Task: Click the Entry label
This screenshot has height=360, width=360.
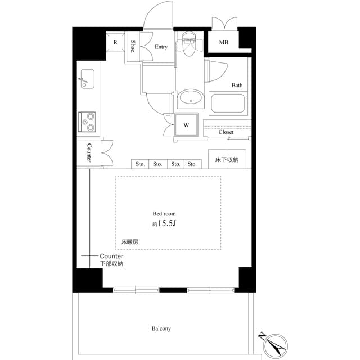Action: coord(161,47)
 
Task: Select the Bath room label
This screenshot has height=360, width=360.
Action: coord(237,85)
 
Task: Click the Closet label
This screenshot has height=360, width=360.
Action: coord(226,132)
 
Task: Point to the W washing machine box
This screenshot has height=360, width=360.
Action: coord(186,125)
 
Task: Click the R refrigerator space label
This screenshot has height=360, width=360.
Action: coord(115,42)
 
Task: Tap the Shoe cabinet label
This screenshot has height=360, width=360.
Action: coord(134,46)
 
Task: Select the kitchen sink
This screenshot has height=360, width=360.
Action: coord(87,78)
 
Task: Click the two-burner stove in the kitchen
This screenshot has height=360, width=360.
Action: coord(87,120)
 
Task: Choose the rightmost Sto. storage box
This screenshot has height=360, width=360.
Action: coord(192,164)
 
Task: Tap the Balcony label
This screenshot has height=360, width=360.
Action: coord(161,328)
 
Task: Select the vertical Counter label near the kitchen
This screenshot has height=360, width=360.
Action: coord(89,153)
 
